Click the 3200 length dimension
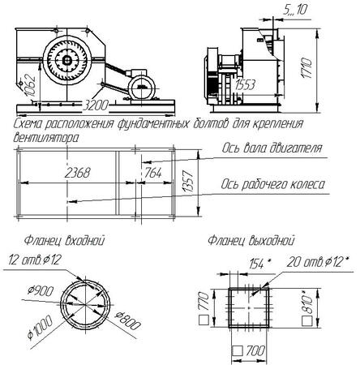95,105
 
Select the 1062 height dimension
30,85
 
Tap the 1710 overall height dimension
307,68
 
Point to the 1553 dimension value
245,85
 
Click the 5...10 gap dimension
295,10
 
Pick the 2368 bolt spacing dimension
78,173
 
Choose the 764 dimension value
153,173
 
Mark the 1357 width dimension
188,181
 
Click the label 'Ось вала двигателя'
272,148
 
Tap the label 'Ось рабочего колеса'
272,184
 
